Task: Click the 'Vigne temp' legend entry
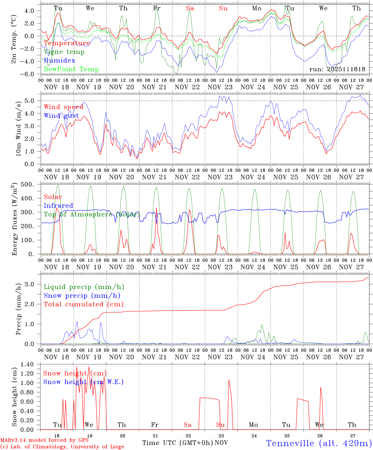pyautogui.click(x=64, y=52)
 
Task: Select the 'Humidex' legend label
pyautogui.click(x=59, y=61)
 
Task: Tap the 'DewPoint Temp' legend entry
pyautogui.click(x=71, y=69)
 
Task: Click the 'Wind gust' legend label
pyautogui.click(x=61, y=116)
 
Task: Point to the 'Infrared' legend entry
pyautogui.click(x=58, y=206)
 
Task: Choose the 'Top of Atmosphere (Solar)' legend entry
pyautogui.click(x=92, y=214)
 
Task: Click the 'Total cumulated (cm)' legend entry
pyautogui.click(x=84, y=304)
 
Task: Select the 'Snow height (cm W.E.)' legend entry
pyautogui.click(x=83, y=382)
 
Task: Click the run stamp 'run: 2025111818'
pyautogui.click(x=337, y=69)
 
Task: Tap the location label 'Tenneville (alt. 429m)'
pyautogui.click(x=319, y=443)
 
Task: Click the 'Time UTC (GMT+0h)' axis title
pyautogui.click(x=177, y=443)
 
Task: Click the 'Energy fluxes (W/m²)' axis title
pyautogui.click(x=14, y=219)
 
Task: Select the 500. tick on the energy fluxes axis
pyautogui.click(x=31, y=184)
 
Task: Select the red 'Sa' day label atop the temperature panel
pyautogui.click(x=190, y=8)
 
